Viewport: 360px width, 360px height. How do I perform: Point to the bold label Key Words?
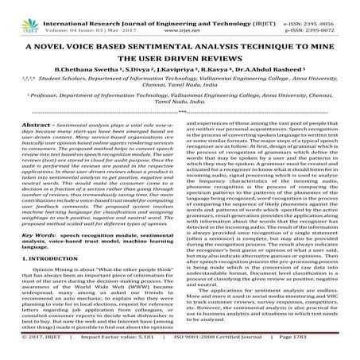(x=39, y=259)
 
